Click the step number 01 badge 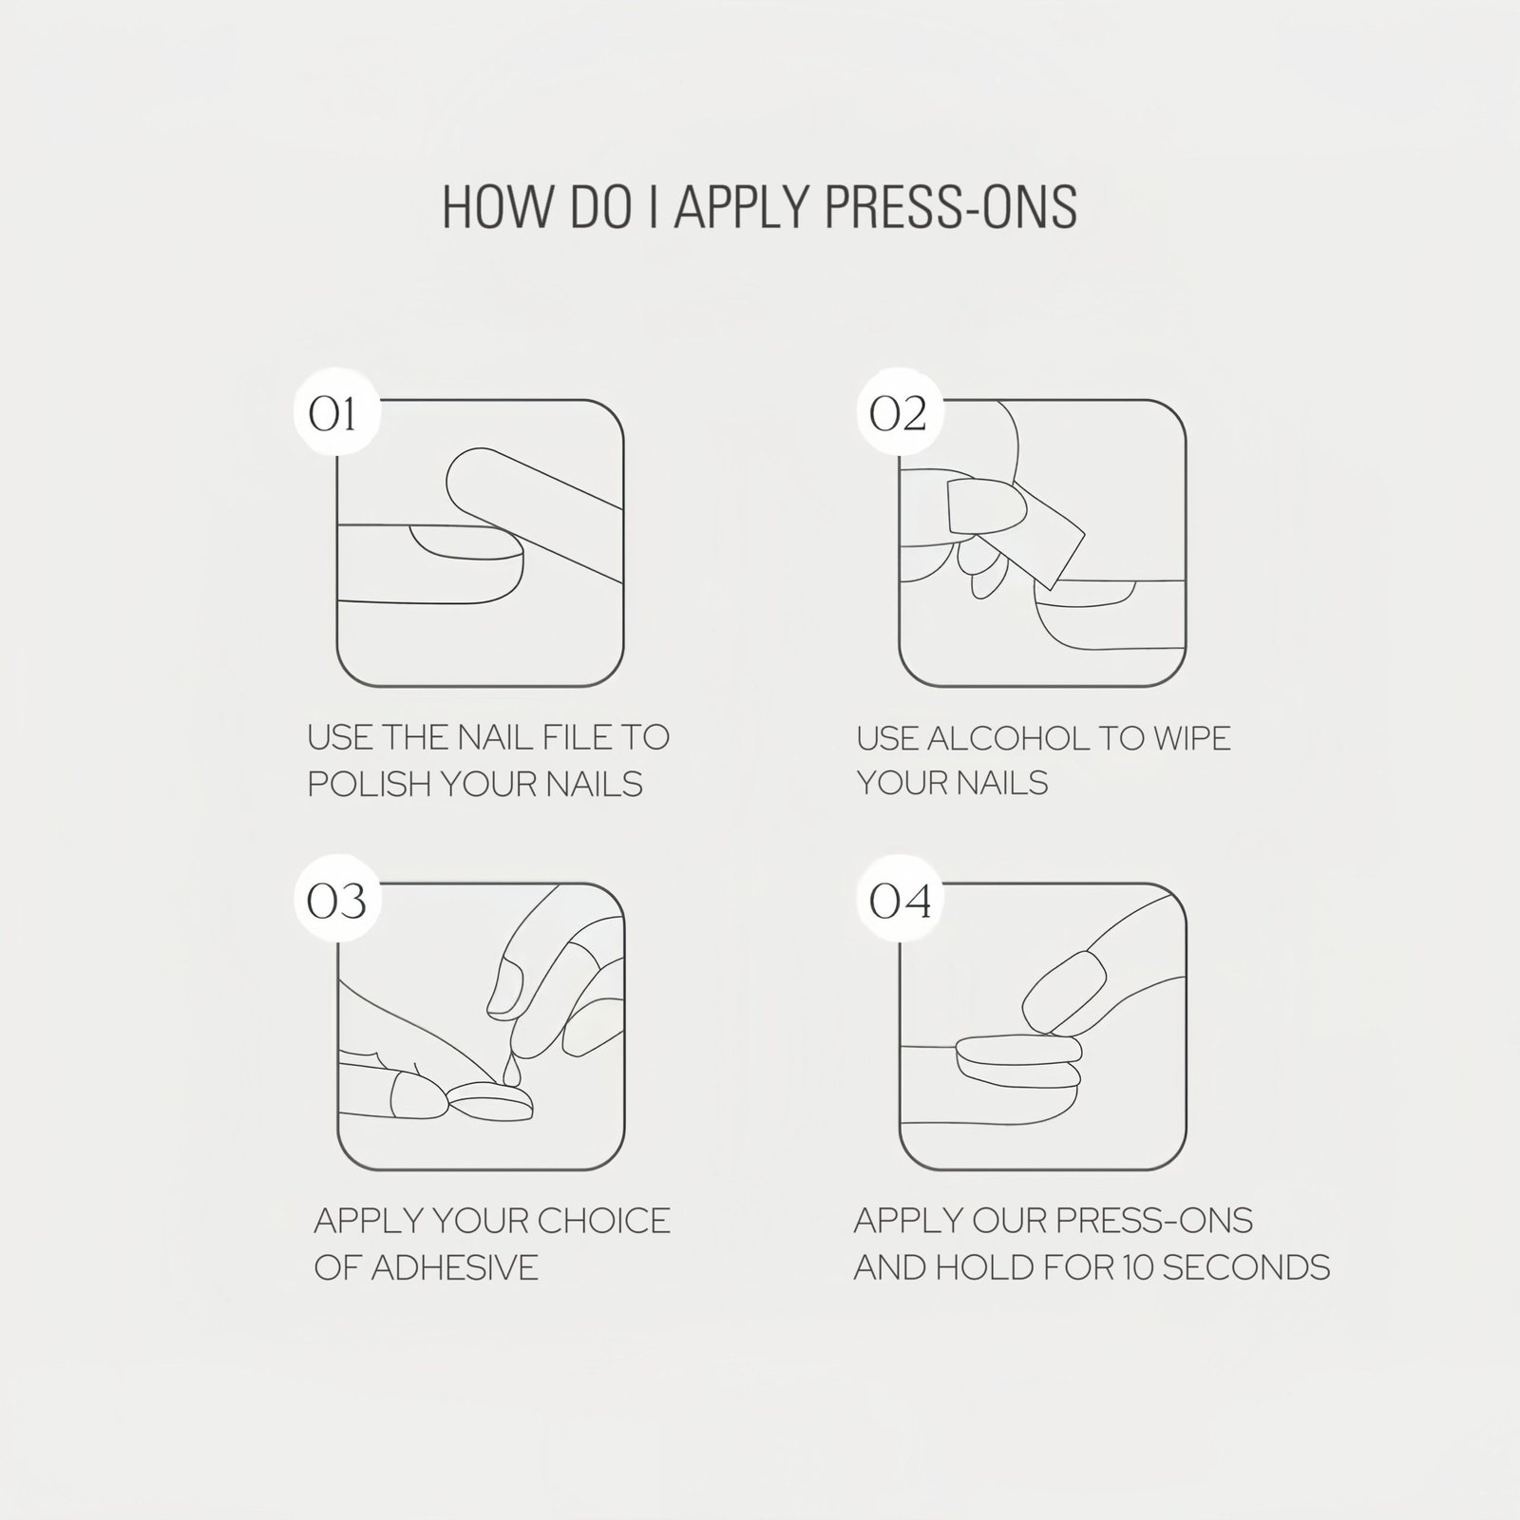pyautogui.click(x=334, y=414)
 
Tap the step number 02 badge pyautogui.click(x=898, y=414)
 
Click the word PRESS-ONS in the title pyautogui.click(x=951, y=207)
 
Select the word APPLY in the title pyautogui.click(x=742, y=207)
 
